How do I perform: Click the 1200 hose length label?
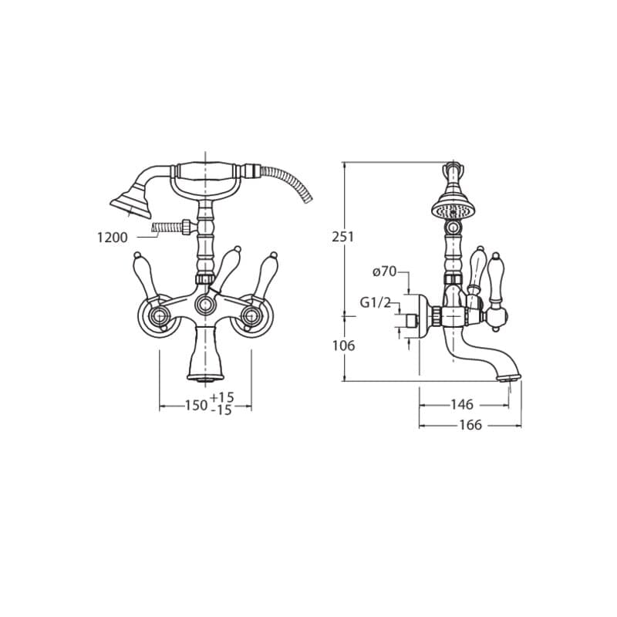click(x=113, y=238)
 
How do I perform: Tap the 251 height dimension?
click(x=343, y=237)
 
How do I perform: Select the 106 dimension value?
click(x=343, y=346)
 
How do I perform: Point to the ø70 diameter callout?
click(x=385, y=271)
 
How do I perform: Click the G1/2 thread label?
click(x=376, y=302)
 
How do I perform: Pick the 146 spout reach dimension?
click(x=462, y=404)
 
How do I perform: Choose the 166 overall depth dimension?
click(x=470, y=425)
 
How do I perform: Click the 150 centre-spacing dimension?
click(x=197, y=405)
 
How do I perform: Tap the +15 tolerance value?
click(x=222, y=397)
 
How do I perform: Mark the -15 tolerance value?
click(x=222, y=410)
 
